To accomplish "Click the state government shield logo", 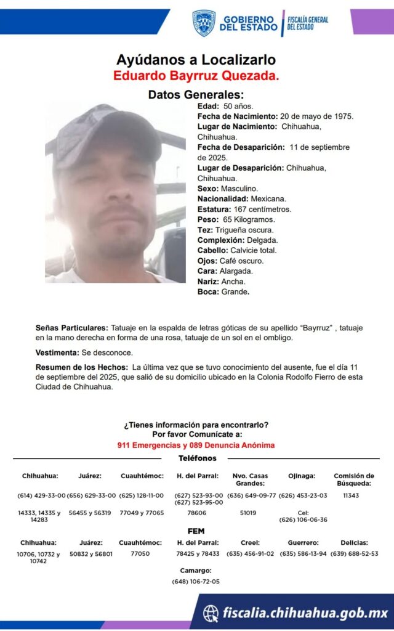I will tap(204, 23).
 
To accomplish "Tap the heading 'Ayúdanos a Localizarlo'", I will tap(196, 60).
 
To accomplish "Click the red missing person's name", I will tap(196, 76).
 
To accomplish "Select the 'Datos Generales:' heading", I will tap(196, 94).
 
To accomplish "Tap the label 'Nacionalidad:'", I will tap(223, 198).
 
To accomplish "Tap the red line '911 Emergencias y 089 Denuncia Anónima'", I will tap(196, 445).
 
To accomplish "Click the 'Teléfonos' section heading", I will tap(197, 458).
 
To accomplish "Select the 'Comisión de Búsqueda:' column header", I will tap(353, 479).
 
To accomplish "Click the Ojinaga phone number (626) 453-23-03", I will tap(303, 495).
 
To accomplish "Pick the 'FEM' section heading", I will tap(196, 531).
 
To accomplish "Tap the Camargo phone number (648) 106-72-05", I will tap(196, 581).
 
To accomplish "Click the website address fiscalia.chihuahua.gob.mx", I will tap(305, 613).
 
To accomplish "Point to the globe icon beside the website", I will tap(211, 613).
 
